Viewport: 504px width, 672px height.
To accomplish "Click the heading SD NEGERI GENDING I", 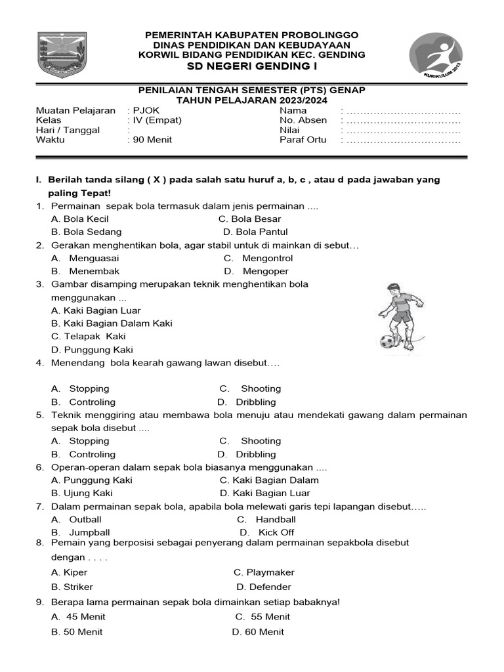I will (252, 67).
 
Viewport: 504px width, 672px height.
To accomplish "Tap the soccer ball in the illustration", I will (387, 341).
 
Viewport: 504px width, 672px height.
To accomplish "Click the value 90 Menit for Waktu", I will (149, 140).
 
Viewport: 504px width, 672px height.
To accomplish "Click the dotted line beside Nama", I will (403, 111).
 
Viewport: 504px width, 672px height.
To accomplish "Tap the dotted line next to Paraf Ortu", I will (403, 140).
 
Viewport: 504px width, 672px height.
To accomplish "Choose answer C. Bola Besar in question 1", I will (249, 219).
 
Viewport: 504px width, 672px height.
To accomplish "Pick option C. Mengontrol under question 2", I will (258, 258).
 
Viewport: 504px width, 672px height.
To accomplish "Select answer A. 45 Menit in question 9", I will (78, 616).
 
